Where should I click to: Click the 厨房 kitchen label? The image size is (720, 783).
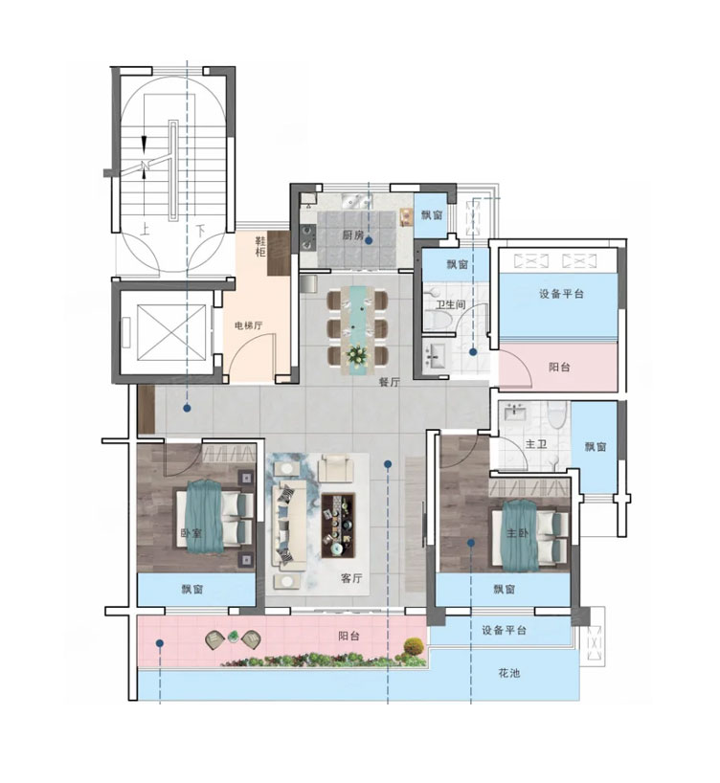point(353,235)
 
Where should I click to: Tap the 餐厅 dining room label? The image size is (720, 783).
point(390,383)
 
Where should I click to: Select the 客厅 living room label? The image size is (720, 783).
point(351,578)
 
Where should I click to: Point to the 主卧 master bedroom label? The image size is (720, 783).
point(517,533)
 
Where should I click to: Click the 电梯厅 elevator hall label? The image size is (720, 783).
point(249,325)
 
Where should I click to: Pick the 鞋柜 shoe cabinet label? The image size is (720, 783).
point(260,247)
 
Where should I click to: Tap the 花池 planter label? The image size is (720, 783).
point(508,673)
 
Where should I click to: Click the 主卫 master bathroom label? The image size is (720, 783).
point(535,443)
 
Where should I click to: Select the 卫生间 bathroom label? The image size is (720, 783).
point(450,304)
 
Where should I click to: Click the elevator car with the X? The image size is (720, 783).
point(171,332)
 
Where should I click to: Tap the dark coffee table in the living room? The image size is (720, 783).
point(338,526)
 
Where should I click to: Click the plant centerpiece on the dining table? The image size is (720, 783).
point(357,355)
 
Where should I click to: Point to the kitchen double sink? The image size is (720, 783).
point(357,202)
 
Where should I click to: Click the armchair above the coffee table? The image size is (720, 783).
point(336,468)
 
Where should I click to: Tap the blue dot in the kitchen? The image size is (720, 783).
point(369,240)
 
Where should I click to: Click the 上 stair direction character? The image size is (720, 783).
point(145,230)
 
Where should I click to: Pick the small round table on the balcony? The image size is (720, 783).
point(233,637)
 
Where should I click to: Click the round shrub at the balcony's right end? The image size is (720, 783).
point(414,647)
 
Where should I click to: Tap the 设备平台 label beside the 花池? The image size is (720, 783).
point(505,630)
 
